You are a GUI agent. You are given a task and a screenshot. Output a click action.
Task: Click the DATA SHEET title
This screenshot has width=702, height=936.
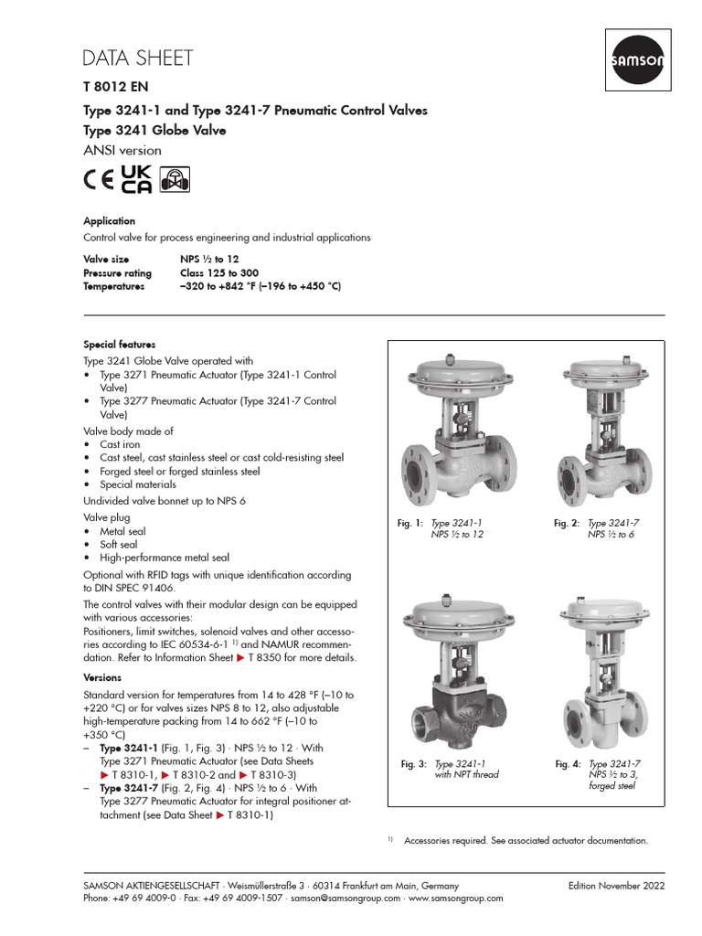pyautogui.click(x=138, y=58)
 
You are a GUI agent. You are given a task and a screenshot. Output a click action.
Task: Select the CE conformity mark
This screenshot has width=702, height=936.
pyautogui.click(x=99, y=179)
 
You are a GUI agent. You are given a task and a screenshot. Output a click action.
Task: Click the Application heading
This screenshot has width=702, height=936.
pyautogui.click(x=109, y=221)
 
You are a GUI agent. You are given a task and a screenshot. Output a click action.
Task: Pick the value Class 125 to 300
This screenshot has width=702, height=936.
pyautogui.click(x=219, y=273)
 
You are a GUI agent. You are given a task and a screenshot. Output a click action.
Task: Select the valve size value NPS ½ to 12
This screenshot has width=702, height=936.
pyautogui.click(x=209, y=260)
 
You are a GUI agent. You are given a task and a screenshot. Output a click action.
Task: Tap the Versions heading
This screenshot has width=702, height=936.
pyautogui.click(x=103, y=678)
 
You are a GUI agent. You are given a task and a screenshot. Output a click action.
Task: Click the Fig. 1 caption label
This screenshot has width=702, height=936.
pyautogui.click(x=410, y=523)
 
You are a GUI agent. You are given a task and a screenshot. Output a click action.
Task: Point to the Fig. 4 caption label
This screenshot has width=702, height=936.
pyautogui.click(x=568, y=763)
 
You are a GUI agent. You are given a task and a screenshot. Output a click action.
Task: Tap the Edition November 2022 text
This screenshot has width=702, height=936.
pyautogui.click(x=616, y=886)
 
